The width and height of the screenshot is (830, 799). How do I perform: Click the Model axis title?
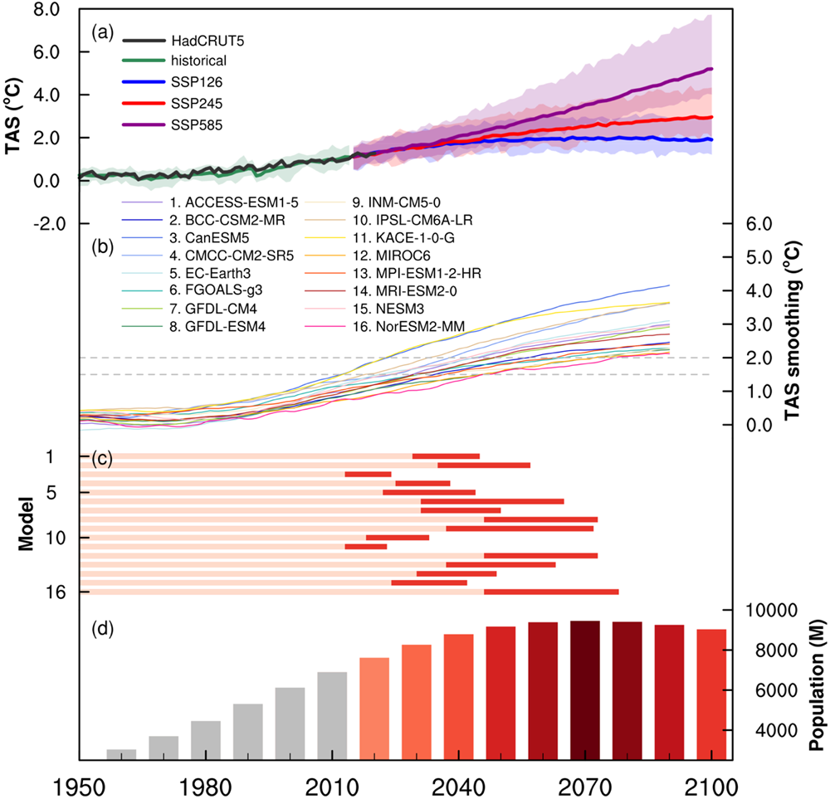click(x=27, y=524)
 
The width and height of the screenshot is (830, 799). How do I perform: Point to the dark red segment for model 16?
click(x=551, y=592)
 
